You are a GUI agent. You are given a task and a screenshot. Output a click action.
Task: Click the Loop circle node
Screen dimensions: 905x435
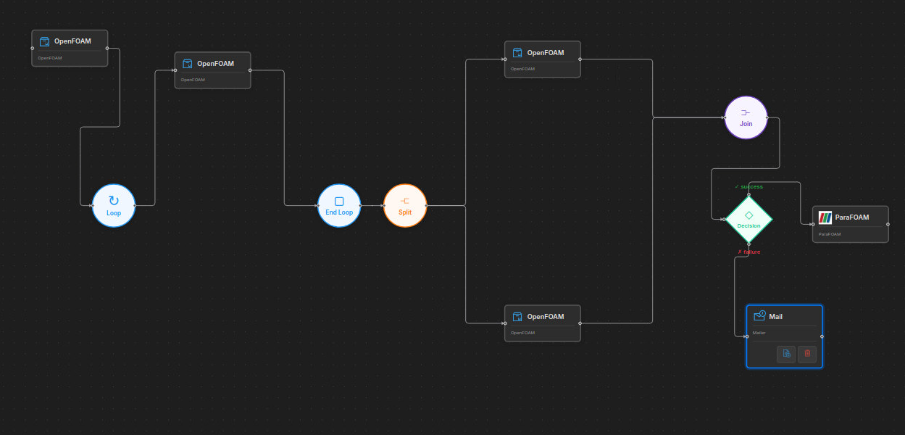114,205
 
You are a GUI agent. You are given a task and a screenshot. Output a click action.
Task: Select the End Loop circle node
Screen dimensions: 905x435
339,205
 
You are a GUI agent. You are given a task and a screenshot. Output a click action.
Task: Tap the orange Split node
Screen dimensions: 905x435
405,205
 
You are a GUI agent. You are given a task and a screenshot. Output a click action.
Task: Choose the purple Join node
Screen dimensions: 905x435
746,117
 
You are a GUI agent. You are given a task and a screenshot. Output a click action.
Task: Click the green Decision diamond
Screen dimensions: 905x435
748,220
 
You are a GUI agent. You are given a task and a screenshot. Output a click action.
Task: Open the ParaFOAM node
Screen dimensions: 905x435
851,224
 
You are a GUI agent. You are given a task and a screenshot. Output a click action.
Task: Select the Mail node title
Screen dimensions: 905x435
776,317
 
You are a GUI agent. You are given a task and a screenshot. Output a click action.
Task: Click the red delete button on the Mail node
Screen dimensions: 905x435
807,354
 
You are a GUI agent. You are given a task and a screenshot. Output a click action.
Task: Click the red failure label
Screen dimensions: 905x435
749,252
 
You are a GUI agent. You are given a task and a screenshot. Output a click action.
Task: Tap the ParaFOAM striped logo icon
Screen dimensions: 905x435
825,217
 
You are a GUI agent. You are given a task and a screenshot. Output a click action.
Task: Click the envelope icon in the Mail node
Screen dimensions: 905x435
759,316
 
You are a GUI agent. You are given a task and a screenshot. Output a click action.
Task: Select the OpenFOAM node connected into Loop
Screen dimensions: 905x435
70,48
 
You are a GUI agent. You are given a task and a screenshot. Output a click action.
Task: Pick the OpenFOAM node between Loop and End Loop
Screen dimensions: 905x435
212,70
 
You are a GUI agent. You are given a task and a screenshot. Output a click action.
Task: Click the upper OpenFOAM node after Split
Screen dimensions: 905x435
542,59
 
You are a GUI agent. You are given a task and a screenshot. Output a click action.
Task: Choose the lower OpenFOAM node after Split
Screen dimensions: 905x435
542,323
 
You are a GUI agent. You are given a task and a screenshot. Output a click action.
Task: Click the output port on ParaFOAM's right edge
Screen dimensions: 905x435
888,224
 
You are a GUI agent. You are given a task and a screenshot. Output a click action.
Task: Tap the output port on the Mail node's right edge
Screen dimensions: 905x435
822,336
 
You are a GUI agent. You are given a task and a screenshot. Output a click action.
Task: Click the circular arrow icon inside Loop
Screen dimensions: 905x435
114,201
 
